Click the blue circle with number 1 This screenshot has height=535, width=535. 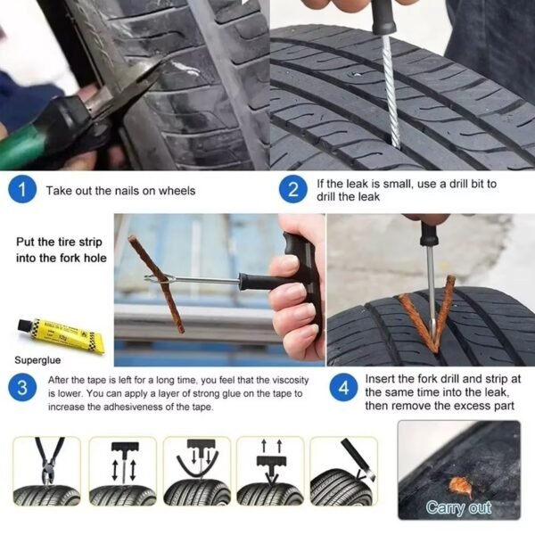[24, 190]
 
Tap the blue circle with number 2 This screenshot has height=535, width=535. [292, 190]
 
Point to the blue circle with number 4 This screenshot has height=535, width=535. [345, 390]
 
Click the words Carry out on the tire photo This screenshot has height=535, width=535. [458, 508]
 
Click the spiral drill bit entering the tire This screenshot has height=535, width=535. [391, 89]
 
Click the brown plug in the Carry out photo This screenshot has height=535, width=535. [460, 485]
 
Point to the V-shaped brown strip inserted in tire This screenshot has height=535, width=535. [432, 312]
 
